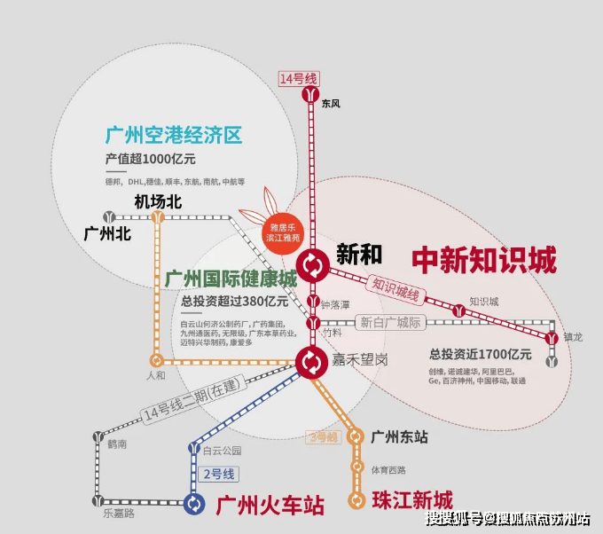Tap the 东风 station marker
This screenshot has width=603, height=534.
coord(311,93)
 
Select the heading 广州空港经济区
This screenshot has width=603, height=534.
coord(173,136)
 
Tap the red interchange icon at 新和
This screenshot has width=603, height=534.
coord(312,263)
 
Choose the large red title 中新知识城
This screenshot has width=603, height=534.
coord(484,261)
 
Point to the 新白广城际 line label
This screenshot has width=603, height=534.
coord(390,322)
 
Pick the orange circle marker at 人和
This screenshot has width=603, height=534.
coord(157,360)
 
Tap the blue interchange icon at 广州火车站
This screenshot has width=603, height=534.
coord(194,504)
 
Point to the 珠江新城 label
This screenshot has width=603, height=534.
coord(411,499)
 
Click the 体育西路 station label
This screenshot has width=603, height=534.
coord(388,469)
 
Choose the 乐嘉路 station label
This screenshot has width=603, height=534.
coord(118,513)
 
